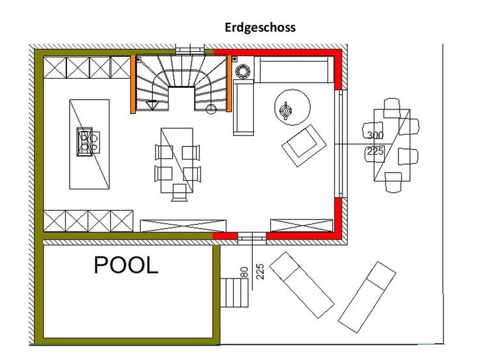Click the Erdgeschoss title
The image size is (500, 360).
tap(260, 28)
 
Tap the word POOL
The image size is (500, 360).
tap(126, 265)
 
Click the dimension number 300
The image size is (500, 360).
tap(375, 135)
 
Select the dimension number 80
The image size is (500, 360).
tap(245, 272)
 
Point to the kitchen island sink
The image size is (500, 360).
tap(85, 141)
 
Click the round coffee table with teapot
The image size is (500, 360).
tap(292, 107)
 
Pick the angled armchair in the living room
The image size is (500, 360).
tap(304, 145)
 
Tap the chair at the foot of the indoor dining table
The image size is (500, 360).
tap(180, 192)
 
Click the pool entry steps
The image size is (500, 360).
tap(234, 293)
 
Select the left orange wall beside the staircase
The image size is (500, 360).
tap(133, 84)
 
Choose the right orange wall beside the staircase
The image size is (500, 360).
tap(229, 83)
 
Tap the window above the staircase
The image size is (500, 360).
tap(189, 49)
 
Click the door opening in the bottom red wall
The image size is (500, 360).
tap(252, 238)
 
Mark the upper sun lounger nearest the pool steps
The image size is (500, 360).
tap(301, 284)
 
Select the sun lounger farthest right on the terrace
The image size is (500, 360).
tap(367, 298)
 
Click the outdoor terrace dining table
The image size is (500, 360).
tap(392, 145)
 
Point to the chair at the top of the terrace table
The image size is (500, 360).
tap(391, 108)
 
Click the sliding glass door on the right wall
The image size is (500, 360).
tap(340, 144)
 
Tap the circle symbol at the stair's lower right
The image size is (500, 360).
tap(211, 109)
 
